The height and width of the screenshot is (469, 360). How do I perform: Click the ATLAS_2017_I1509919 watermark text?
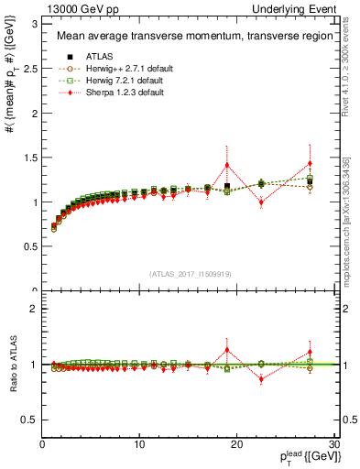pos(190,273)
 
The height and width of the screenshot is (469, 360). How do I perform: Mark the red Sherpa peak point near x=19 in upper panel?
pos(227,165)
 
